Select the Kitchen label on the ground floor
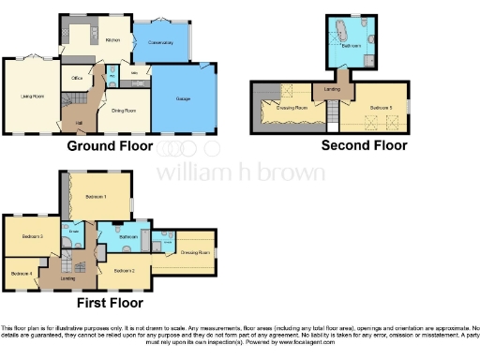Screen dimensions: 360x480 tap(112, 40)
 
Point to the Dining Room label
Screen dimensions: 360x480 tap(125, 111)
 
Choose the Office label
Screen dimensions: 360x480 tap(77, 78)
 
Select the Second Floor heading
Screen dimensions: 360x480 tap(364, 145)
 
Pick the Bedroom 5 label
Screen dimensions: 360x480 tap(381, 108)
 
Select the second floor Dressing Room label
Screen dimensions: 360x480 tap(291, 109)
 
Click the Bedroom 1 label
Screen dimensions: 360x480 tap(97, 197)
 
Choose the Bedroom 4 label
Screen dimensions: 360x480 tap(21, 273)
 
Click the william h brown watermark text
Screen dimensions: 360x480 tap(240, 172)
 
